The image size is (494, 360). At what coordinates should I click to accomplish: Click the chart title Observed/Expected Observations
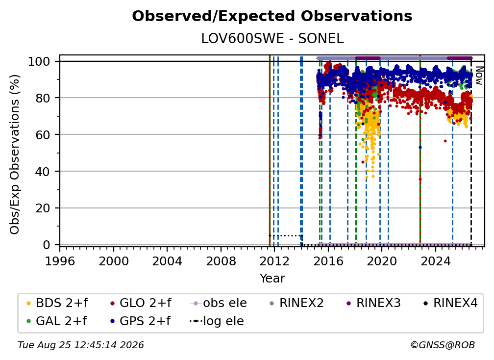(272, 16)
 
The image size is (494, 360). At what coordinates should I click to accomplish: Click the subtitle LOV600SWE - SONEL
(272, 39)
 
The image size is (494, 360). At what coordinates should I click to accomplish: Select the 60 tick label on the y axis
(43, 134)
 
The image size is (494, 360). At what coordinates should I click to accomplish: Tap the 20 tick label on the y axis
(43, 208)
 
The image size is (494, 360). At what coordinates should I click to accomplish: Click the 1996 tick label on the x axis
(60, 261)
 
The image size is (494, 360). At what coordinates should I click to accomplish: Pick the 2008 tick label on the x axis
(221, 261)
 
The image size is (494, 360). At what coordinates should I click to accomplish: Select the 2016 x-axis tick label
(328, 261)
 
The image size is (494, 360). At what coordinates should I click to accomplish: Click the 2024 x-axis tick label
(435, 261)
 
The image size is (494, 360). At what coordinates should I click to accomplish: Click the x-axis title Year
(272, 279)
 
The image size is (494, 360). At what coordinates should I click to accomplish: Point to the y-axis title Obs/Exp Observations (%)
(15, 154)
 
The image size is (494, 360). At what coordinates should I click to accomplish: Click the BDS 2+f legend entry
(57, 303)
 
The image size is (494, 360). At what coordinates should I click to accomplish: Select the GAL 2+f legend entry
(56, 321)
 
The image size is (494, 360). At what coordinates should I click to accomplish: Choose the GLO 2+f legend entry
(141, 303)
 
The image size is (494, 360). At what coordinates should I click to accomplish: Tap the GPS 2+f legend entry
(140, 321)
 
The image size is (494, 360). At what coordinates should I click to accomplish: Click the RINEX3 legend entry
(373, 303)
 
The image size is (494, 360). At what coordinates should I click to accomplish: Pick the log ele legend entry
(217, 321)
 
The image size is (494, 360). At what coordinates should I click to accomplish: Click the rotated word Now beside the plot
(479, 76)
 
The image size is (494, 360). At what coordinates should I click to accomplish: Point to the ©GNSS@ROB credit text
(443, 345)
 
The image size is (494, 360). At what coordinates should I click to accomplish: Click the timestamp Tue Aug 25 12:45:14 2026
(81, 345)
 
